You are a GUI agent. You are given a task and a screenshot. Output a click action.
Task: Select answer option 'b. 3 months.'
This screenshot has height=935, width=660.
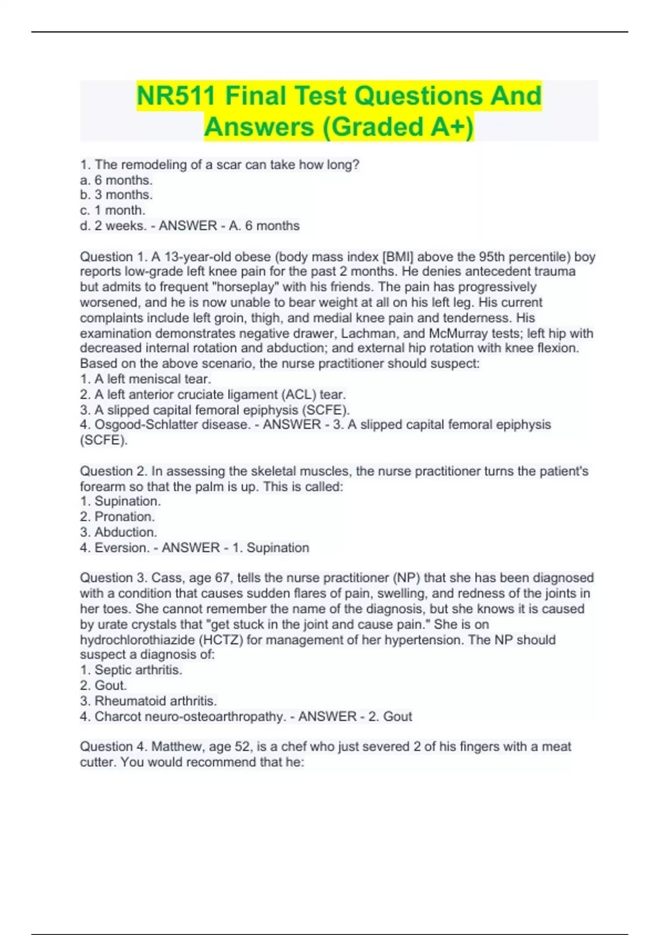click(116, 195)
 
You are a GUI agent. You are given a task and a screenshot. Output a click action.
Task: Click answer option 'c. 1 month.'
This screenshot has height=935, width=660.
click(113, 210)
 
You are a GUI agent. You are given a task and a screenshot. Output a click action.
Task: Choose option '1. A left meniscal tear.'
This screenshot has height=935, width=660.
click(146, 379)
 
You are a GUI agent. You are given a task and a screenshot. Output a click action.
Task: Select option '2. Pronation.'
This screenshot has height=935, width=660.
click(117, 516)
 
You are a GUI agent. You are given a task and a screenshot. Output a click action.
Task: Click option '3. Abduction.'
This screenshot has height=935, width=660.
click(118, 532)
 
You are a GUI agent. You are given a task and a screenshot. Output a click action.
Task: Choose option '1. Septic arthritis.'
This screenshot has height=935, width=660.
click(131, 670)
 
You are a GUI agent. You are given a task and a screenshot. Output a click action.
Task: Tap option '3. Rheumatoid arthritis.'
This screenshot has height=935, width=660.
click(148, 701)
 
